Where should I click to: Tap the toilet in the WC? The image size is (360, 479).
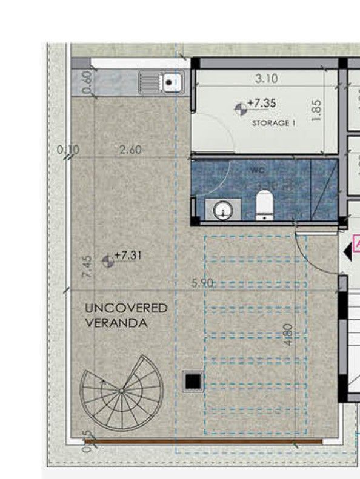pyautogui.click(x=264, y=205)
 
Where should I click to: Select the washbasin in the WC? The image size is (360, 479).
pyautogui.click(x=223, y=210)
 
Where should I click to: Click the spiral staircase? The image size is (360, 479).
pyautogui.click(x=123, y=392)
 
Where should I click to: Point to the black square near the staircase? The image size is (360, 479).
pyautogui.click(x=193, y=381)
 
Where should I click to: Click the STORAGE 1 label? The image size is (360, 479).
pyautogui.click(x=273, y=123)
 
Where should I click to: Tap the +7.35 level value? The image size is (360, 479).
pyautogui.click(x=263, y=104)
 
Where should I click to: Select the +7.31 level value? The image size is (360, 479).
pyautogui.click(x=128, y=256)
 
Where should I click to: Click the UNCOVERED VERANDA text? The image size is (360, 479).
pyautogui.click(x=126, y=315)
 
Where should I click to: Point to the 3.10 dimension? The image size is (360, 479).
pyautogui.click(x=265, y=78)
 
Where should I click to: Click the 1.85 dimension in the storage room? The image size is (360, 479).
pyautogui.click(x=316, y=110)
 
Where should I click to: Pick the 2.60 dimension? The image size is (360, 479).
pyautogui.click(x=128, y=149)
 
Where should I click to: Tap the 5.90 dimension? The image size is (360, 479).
pyautogui.click(x=203, y=282)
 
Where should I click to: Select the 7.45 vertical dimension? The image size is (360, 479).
pyautogui.click(x=88, y=268)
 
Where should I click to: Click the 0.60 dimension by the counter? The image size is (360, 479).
pyautogui.click(x=87, y=84)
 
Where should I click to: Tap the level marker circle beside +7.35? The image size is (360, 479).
pyautogui.click(x=241, y=108)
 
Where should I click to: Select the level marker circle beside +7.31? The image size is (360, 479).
pyautogui.click(x=108, y=261)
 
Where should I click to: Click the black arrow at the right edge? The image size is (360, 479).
pyautogui.click(x=348, y=249)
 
